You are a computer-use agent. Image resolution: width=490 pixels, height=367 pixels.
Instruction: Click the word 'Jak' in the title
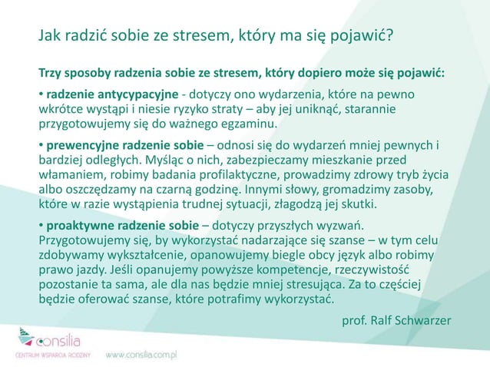click(51, 36)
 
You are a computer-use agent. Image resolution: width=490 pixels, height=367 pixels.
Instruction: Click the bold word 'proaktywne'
click(80, 225)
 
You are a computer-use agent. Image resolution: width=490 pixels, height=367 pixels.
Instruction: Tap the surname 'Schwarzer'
click(423, 319)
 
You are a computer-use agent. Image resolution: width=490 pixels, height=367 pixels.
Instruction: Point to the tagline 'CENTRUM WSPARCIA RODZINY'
click(53, 355)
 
